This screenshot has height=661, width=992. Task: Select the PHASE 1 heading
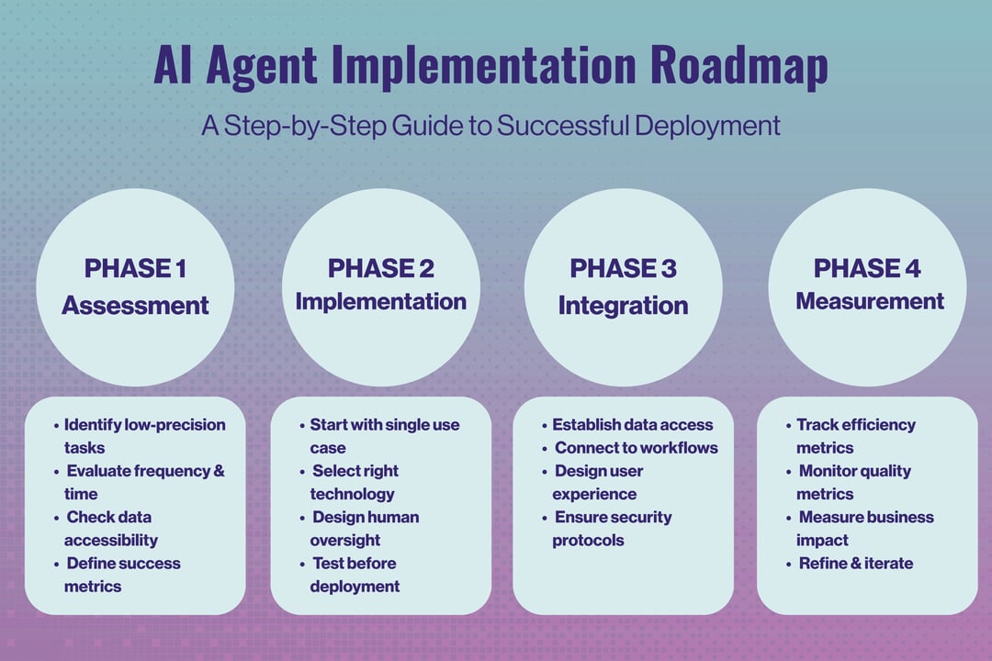[135, 268]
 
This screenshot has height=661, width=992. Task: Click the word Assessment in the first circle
[135, 305]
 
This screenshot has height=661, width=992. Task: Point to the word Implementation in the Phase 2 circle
[380, 301]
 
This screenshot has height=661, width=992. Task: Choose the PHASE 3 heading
[623, 268]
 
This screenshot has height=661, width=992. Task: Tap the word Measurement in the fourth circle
[869, 301]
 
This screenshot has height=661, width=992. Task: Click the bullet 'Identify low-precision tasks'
[144, 436]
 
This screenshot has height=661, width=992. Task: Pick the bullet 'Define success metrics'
[123, 574]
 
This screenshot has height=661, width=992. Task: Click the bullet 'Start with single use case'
[384, 436]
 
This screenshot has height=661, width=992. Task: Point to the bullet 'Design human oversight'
[365, 528]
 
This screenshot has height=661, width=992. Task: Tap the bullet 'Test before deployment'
[355, 574]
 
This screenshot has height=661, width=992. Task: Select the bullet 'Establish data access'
[632, 425]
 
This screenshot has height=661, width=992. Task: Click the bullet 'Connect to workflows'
[636, 448]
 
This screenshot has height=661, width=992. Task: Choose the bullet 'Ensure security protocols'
[612, 528]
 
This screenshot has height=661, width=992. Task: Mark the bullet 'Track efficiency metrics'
[855, 436]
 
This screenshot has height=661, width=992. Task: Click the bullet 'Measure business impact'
[864, 528]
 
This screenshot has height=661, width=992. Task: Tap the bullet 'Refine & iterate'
[855, 563]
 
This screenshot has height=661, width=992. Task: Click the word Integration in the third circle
[623, 305]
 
